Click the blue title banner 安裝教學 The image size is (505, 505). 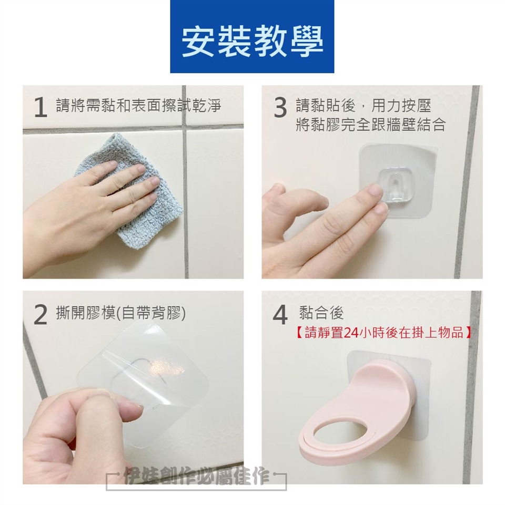(252, 37)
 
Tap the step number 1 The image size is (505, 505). (41, 108)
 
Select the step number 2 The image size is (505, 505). (41, 315)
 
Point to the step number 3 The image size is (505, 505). (280, 108)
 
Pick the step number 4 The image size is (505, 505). (280, 315)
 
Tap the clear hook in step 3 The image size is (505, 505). (395, 186)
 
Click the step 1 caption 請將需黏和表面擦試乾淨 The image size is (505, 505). (139, 106)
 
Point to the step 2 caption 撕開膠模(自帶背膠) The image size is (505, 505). (121, 313)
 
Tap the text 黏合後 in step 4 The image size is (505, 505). (321, 312)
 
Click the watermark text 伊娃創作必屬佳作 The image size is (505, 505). (196, 476)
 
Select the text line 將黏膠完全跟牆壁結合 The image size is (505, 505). (371, 125)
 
